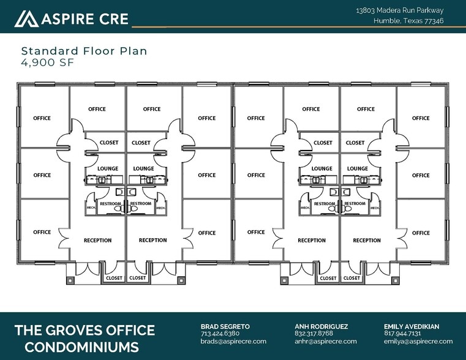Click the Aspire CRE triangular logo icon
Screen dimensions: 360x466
(26, 19)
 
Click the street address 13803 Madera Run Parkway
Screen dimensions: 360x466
(399, 10)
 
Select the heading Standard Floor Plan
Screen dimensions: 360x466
(84, 51)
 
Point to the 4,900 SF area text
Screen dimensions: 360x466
(47, 62)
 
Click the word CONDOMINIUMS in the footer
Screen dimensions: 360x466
(77, 347)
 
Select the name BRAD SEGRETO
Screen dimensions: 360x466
(225, 326)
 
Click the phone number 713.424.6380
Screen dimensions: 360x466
(220, 334)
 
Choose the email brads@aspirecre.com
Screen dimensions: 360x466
(233, 341)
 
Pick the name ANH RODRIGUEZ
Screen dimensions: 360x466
(321, 326)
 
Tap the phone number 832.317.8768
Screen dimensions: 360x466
(314, 334)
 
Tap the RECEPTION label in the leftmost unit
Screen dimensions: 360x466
(98, 241)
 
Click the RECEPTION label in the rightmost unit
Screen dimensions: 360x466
(367, 241)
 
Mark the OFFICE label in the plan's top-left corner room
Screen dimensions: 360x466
(42, 118)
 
